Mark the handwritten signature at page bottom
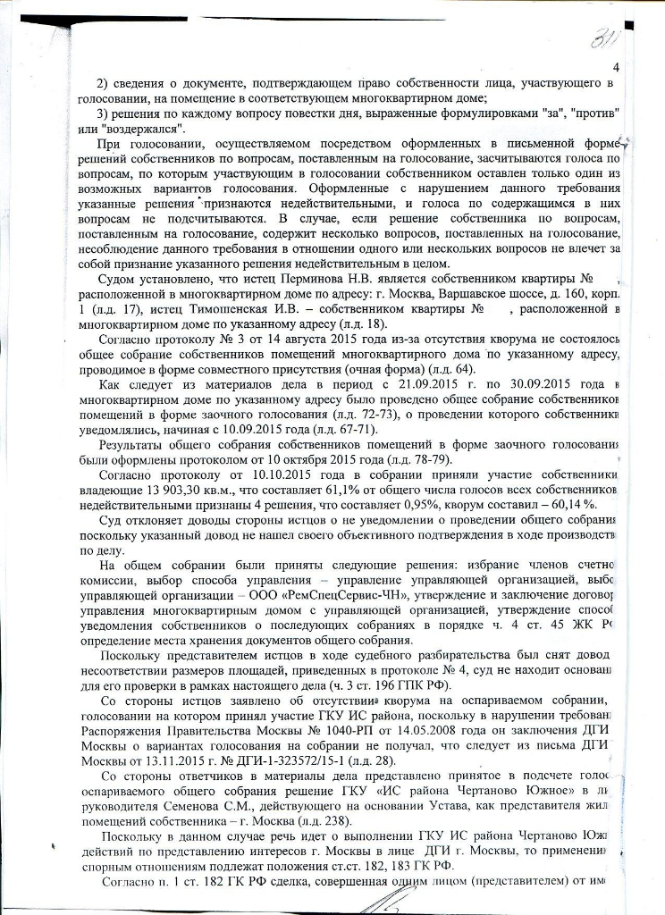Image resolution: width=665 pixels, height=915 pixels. click(375, 900)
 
